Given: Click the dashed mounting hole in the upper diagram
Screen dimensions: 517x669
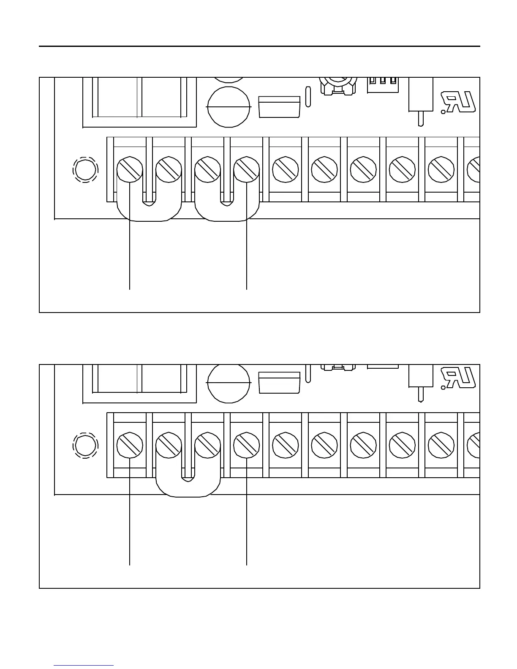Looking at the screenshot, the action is tap(85, 170).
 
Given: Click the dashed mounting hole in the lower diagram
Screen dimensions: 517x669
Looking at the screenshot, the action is tap(85, 445).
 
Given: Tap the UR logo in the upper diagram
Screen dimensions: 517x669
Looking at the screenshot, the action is tap(458, 102).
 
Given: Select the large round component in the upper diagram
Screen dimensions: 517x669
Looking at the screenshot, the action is tap(229, 107).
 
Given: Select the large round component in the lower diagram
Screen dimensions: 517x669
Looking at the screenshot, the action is tap(229, 382).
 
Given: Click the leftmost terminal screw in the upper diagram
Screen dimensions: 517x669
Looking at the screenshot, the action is tap(130, 170).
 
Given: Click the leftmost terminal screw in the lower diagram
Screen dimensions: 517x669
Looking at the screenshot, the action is tap(130, 445).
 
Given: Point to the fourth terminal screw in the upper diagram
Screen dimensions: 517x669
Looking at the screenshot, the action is tap(247, 170).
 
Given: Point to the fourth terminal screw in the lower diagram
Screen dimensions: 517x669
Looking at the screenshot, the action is tap(247, 445).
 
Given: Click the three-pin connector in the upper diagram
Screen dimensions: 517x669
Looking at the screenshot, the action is tap(383, 84).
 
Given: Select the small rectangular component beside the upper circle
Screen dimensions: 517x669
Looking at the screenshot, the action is tap(279, 107).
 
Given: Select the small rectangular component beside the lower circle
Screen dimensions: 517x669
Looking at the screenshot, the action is tap(279, 382).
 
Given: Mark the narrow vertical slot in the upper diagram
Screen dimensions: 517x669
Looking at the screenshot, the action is tap(308, 97).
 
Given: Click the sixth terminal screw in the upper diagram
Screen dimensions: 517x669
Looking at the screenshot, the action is tap(324, 170).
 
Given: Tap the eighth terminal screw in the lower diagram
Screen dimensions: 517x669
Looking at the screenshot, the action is tap(402, 445).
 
